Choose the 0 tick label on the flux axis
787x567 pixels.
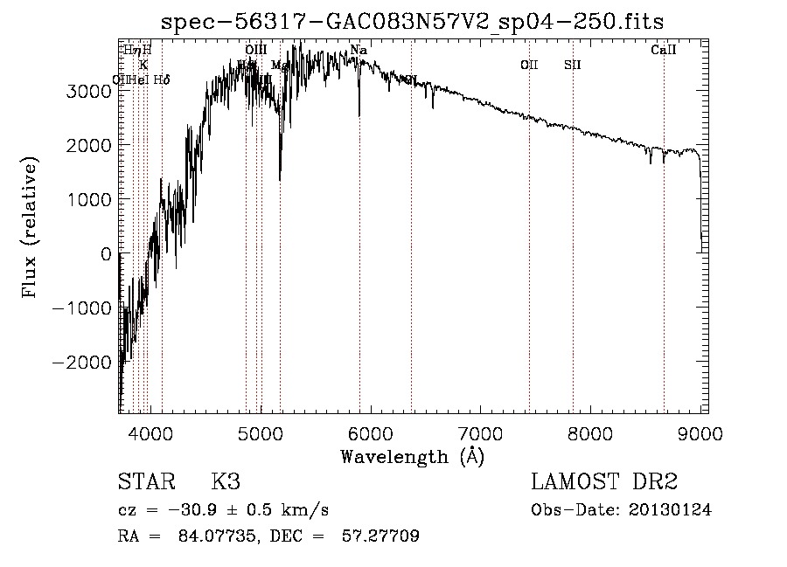(106, 253)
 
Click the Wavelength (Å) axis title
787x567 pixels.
(412, 455)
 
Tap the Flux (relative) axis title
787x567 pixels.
(31, 228)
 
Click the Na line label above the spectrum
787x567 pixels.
(358, 51)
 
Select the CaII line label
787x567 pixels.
(664, 51)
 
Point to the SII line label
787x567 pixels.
(573, 65)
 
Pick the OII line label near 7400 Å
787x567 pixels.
(529, 65)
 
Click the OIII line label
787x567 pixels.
(255, 51)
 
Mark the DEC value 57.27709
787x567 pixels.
(383, 536)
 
